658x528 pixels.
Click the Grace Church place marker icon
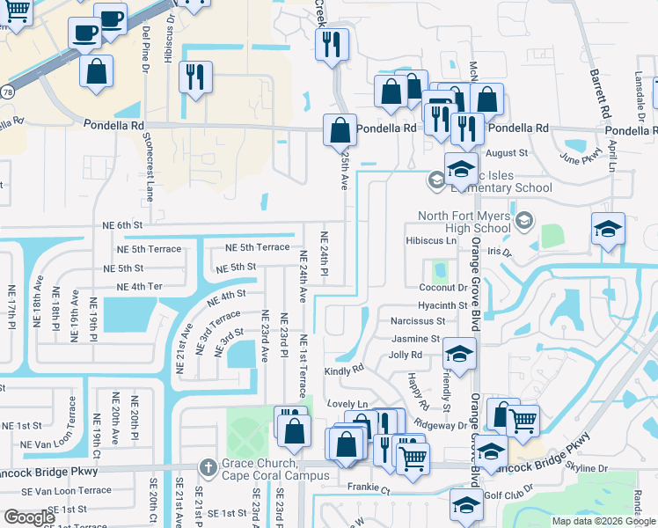pyautogui.click(x=208, y=466)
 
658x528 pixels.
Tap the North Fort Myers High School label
pyautogui.click(x=464, y=223)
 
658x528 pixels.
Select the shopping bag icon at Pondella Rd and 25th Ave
pyautogui.click(x=340, y=131)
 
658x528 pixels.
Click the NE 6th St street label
pyautogui.click(x=122, y=225)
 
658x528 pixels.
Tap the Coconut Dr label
pyautogui.click(x=442, y=287)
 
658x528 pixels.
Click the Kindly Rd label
pyautogui.click(x=344, y=370)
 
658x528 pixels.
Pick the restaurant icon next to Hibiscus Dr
pyautogui.click(x=195, y=77)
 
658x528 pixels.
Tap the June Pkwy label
pyautogui.click(x=577, y=160)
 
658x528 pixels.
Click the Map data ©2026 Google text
pyautogui.click(x=603, y=521)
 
